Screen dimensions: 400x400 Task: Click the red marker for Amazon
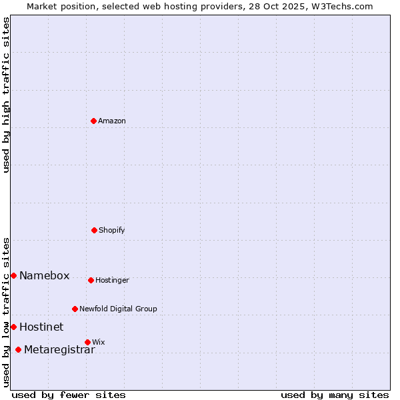94,121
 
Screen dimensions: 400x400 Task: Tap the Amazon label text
112,121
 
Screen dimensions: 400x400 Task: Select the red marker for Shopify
94,230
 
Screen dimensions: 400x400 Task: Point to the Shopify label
112,231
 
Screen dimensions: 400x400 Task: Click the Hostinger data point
91,280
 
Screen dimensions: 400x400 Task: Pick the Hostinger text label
112,281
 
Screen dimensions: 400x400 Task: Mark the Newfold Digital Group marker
75,309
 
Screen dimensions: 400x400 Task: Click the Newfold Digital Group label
118,309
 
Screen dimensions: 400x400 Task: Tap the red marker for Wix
87,342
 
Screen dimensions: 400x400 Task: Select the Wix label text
99,343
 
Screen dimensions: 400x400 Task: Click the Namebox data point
13,275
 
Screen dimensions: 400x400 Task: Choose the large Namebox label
44,276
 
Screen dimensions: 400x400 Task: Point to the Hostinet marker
13,327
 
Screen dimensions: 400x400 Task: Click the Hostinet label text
41,327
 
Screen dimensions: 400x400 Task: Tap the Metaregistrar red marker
18,350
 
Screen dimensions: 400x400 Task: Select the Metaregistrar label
59,351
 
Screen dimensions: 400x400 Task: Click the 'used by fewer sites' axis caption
69,395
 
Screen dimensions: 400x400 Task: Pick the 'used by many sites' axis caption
335,395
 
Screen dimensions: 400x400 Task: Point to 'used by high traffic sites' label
6,95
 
